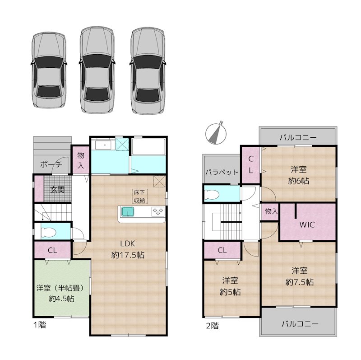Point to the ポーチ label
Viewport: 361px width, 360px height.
click(51, 164)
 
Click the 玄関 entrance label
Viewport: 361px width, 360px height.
click(57, 189)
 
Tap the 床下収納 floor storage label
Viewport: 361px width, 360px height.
click(139, 196)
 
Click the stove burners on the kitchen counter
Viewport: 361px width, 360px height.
click(157, 211)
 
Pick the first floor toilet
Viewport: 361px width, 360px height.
click(48, 232)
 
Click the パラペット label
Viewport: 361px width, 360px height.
click(222, 172)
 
